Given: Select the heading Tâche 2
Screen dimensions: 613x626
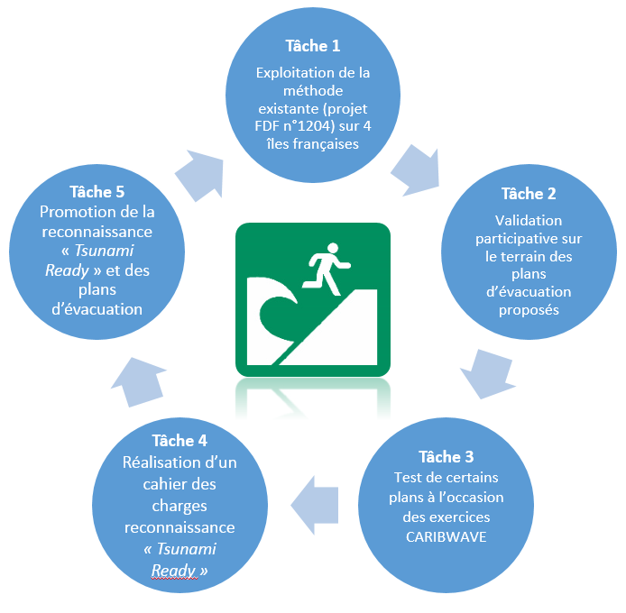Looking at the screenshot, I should (529, 194).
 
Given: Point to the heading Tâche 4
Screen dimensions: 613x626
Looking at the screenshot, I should (180, 441).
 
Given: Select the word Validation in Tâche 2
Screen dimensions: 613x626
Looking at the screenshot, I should (529, 220).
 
